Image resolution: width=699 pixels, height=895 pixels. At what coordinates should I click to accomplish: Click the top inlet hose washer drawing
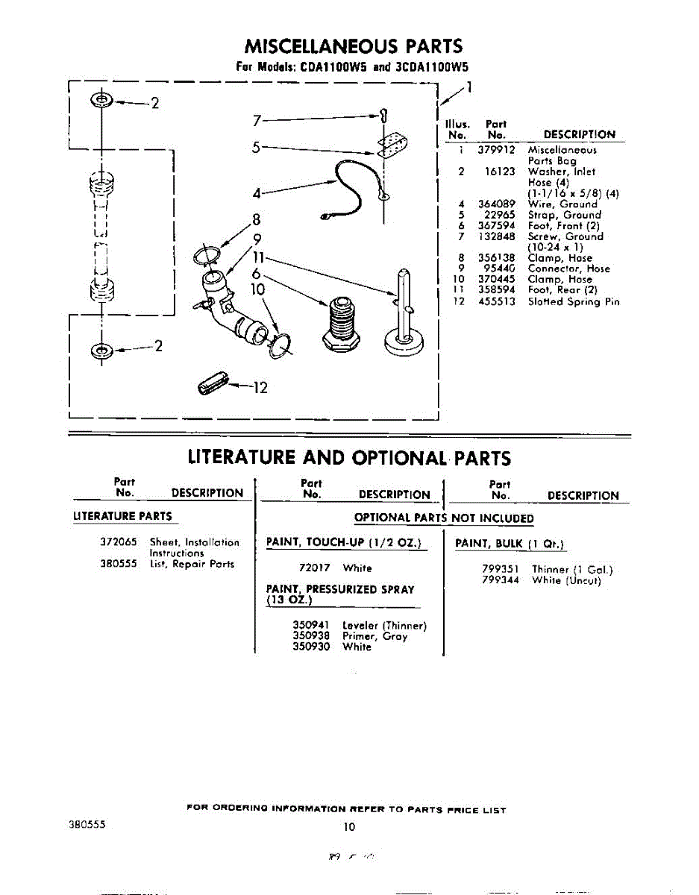(x=100, y=101)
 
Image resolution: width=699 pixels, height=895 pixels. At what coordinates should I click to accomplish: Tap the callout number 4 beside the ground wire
(x=256, y=193)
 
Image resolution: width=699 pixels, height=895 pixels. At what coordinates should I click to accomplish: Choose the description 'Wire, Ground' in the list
(x=562, y=204)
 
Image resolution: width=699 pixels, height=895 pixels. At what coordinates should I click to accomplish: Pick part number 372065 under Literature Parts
(x=118, y=542)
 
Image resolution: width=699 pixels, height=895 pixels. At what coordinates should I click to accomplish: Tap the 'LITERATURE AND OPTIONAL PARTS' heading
(x=349, y=457)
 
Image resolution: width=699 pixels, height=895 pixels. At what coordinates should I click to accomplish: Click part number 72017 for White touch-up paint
(x=314, y=568)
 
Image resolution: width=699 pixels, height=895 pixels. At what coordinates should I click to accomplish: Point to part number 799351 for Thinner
(x=501, y=570)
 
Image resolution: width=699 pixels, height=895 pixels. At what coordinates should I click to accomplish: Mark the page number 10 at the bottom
(x=349, y=826)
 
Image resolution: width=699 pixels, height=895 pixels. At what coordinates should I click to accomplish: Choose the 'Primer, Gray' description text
(x=374, y=637)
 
